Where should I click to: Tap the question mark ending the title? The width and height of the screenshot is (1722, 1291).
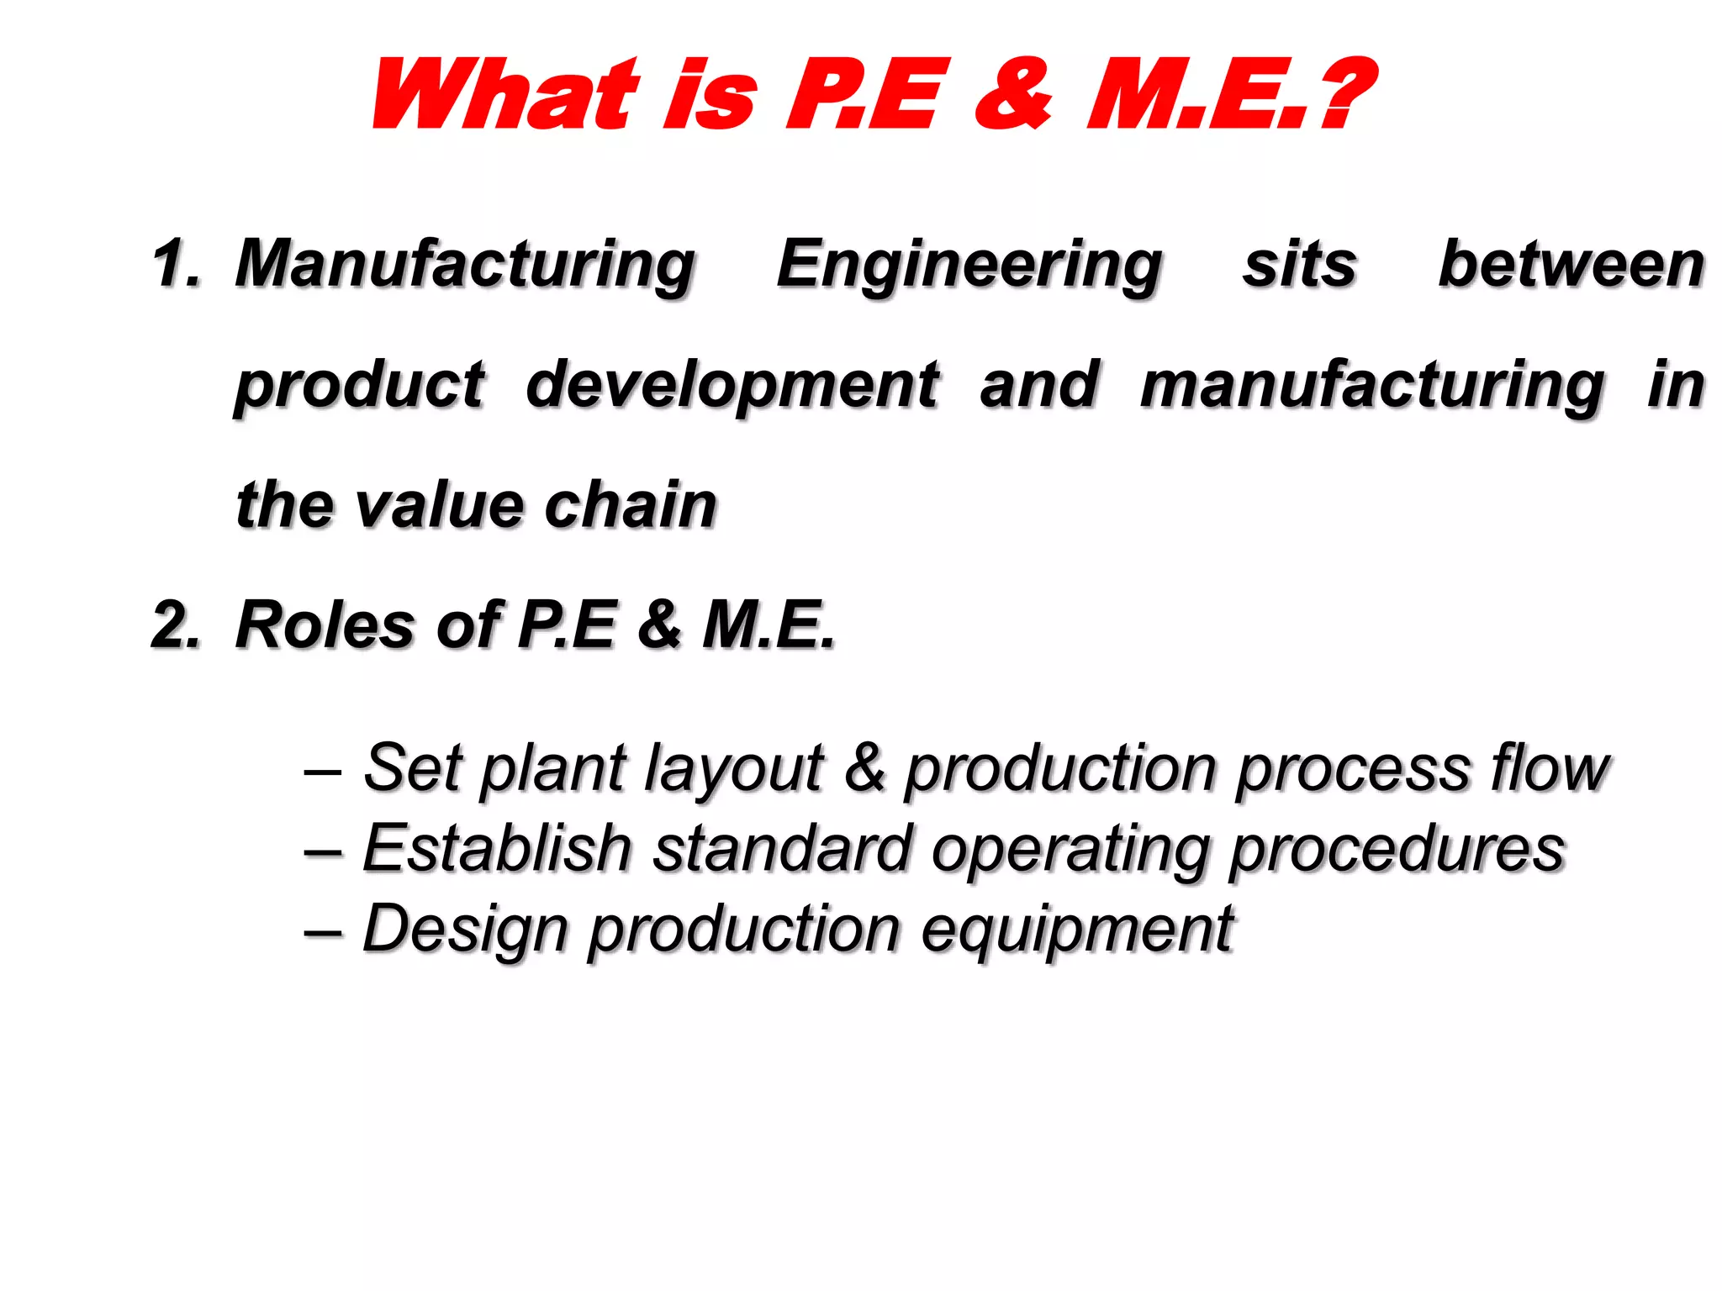(1344, 94)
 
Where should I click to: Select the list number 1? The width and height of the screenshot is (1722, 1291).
(176, 264)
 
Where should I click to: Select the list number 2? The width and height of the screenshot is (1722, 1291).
(176, 625)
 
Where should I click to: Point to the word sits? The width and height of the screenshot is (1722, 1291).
(1300, 264)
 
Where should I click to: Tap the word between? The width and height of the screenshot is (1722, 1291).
(1571, 264)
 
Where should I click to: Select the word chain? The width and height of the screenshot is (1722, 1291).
(631, 506)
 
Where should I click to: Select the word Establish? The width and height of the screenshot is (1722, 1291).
(497, 848)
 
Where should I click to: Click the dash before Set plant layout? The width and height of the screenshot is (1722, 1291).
(322, 770)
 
